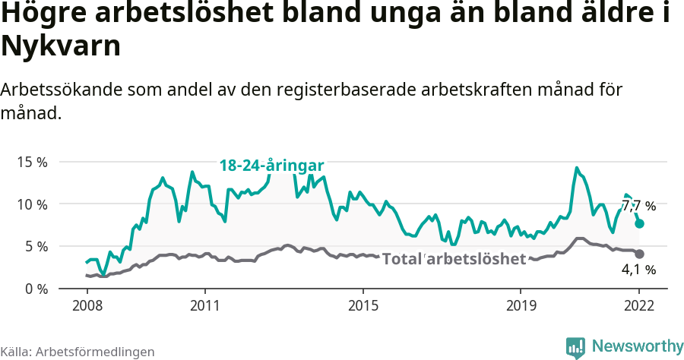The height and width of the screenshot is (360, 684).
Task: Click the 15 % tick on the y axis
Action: tap(33, 162)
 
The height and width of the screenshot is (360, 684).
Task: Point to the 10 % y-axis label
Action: tap(33, 204)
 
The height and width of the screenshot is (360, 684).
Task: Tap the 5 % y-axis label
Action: tap(36, 246)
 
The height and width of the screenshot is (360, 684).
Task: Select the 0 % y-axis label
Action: tap(36, 289)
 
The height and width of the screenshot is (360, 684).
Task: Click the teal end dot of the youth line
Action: tap(640, 223)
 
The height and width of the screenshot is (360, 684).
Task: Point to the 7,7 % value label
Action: tap(638, 206)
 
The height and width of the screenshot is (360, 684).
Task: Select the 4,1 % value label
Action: tap(638, 269)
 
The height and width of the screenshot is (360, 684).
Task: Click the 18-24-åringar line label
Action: tap(272, 166)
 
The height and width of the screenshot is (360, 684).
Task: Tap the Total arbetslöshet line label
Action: tap(454, 259)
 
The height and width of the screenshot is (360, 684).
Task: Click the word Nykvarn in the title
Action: tap(61, 46)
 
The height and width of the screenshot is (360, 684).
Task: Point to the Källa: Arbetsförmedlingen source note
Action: tap(78, 352)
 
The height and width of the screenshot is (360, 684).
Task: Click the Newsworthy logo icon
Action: tap(575, 347)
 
